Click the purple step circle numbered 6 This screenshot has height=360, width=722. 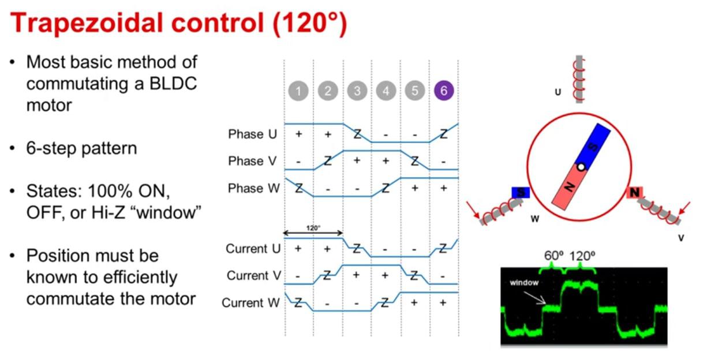tap(444, 91)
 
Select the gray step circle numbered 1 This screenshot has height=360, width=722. tap(298, 91)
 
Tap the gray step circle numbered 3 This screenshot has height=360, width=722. tap(357, 91)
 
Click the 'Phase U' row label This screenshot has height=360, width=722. tap(252, 134)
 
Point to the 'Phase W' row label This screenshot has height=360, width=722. tap(254, 188)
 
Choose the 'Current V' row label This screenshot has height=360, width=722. tap(254, 276)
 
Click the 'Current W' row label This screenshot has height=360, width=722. tap(250, 303)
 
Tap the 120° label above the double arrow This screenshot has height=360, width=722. tap(313, 228)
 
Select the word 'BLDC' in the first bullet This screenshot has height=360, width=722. tap(173, 84)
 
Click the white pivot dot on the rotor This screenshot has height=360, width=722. tap(581, 167)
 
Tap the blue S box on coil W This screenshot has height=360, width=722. tap(520, 193)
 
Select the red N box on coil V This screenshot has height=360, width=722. tap(634, 193)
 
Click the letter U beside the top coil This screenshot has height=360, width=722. tap(558, 92)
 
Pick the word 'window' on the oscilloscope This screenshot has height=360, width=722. tap(524, 283)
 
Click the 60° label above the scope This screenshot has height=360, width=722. tap(553, 256)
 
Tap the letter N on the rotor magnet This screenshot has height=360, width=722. tap(570, 186)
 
